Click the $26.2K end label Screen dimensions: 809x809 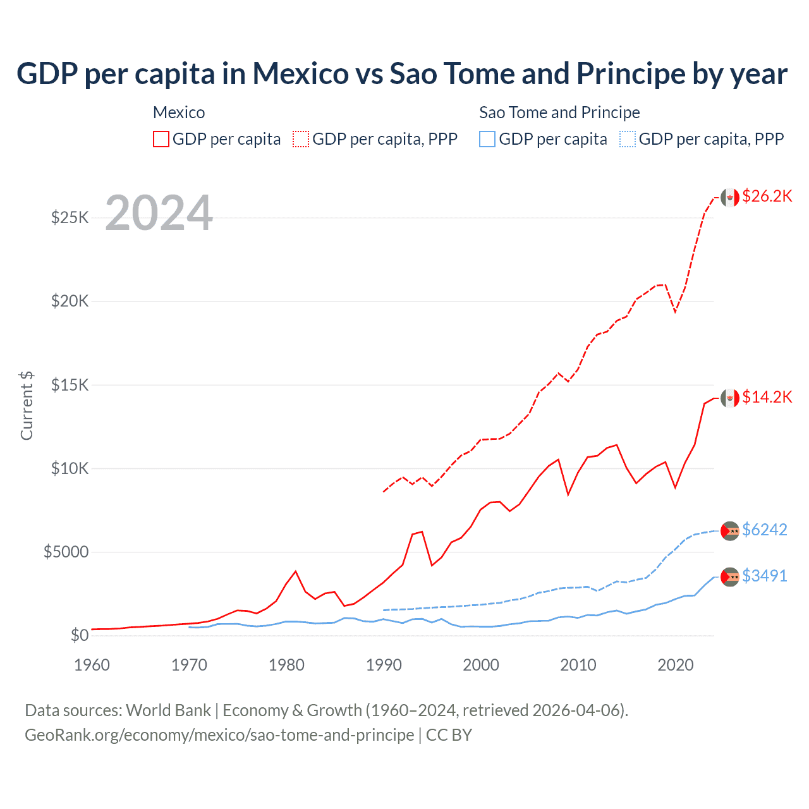coord(767,196)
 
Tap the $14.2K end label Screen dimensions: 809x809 coord(767,397)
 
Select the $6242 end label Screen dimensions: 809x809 coord(765,530)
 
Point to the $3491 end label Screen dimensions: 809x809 coord(765,576)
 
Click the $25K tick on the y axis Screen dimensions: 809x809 coord(70,218)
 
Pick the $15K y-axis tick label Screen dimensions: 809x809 coord(70,385)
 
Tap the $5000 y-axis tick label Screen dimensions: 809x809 coord(66,552)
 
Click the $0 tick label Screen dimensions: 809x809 coord(79,635)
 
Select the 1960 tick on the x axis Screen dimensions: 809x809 coord(92,665)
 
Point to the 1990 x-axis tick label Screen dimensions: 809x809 coord(384,665)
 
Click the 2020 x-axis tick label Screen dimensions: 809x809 coord(676,665)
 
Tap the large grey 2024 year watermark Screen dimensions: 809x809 coord(159,213)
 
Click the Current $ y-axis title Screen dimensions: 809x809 coord(27,406)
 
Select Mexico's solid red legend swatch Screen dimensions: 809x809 coord(161,139)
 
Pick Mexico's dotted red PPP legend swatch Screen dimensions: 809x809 coord(301,139)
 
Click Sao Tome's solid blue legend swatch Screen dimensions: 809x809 coord(487,139)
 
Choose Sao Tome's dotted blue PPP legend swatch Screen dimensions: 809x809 coord(628,139)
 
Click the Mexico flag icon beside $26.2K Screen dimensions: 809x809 coord(730,197)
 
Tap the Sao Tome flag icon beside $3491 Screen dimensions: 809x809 coord(730,576)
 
